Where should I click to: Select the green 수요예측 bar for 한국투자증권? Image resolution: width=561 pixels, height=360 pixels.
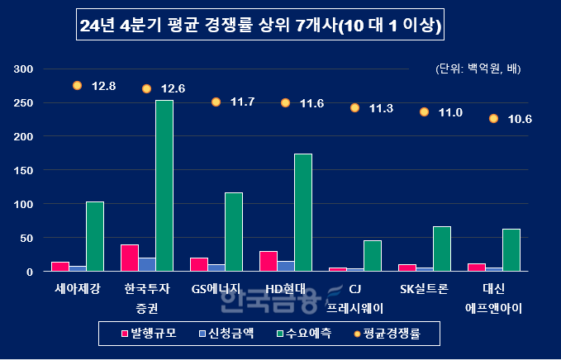[164, 186]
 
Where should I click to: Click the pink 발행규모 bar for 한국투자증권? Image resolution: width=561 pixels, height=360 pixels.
[129, 258]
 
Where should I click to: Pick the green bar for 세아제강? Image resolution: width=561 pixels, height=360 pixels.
[95, 237]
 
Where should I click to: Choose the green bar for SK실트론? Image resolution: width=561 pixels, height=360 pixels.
[442, 249]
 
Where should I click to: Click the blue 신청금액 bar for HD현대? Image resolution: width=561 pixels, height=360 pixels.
[285, 267]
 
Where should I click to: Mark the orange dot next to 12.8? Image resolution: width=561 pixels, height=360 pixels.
[78, 85]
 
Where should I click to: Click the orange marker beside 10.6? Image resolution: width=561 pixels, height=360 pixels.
[493, 119]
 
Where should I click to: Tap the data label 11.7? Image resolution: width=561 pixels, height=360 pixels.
[243, 102]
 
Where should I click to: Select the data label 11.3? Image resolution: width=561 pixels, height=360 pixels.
[381, 108]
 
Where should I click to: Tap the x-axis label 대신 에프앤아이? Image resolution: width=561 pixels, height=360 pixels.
[493, 299]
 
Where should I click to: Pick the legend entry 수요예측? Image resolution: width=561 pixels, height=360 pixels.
[311, 334]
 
